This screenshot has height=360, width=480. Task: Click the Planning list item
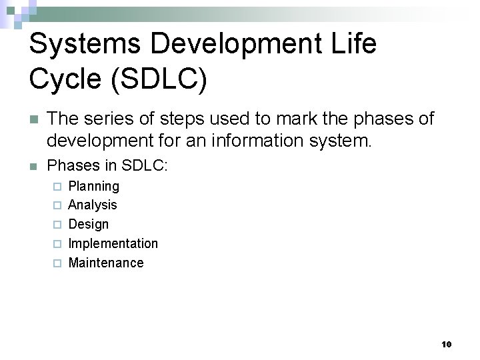pos(94,186)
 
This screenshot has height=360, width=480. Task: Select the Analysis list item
pos(93,205)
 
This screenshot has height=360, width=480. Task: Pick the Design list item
pos(89,224)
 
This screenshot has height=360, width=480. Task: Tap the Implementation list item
pos(113,243)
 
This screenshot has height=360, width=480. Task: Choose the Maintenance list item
pos(106,263)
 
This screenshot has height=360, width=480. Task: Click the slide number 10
pos(447,345)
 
